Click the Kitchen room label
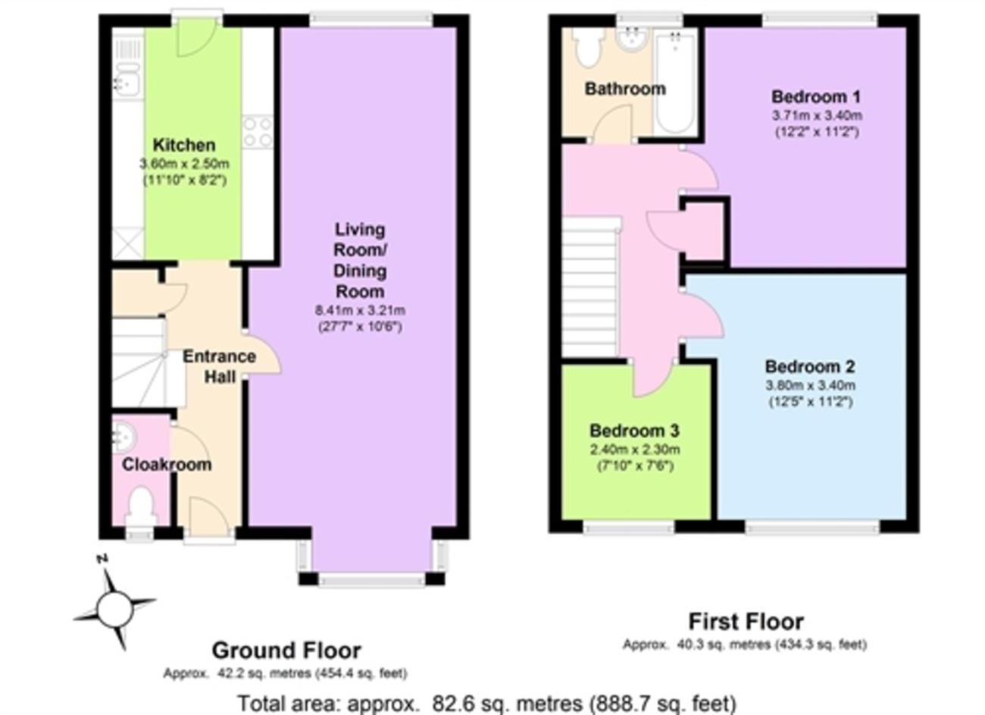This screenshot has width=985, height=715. [x=184, y=146]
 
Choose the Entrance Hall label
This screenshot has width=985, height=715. [x=220, y=366]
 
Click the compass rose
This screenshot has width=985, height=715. [x=114, y=610]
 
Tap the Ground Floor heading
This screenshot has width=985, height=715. [x=286, y=651]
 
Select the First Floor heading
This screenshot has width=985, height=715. [x=746, y=622]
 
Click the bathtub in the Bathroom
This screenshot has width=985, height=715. [x=675, y=82]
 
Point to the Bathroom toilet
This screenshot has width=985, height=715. [x=589, y=48]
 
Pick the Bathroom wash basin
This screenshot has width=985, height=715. [x=631, y=39]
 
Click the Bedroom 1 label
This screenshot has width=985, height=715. [x=816, y=97]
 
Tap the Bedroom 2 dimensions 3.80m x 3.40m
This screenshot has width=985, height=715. [x=811, y=385]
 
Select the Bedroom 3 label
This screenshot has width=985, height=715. [x=634, y=431]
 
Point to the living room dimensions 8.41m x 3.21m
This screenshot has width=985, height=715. [x=360, y=310]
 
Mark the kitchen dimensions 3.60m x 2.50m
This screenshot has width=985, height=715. [x=184, y=164]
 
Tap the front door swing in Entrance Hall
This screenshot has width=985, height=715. [x=209, y=512]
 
